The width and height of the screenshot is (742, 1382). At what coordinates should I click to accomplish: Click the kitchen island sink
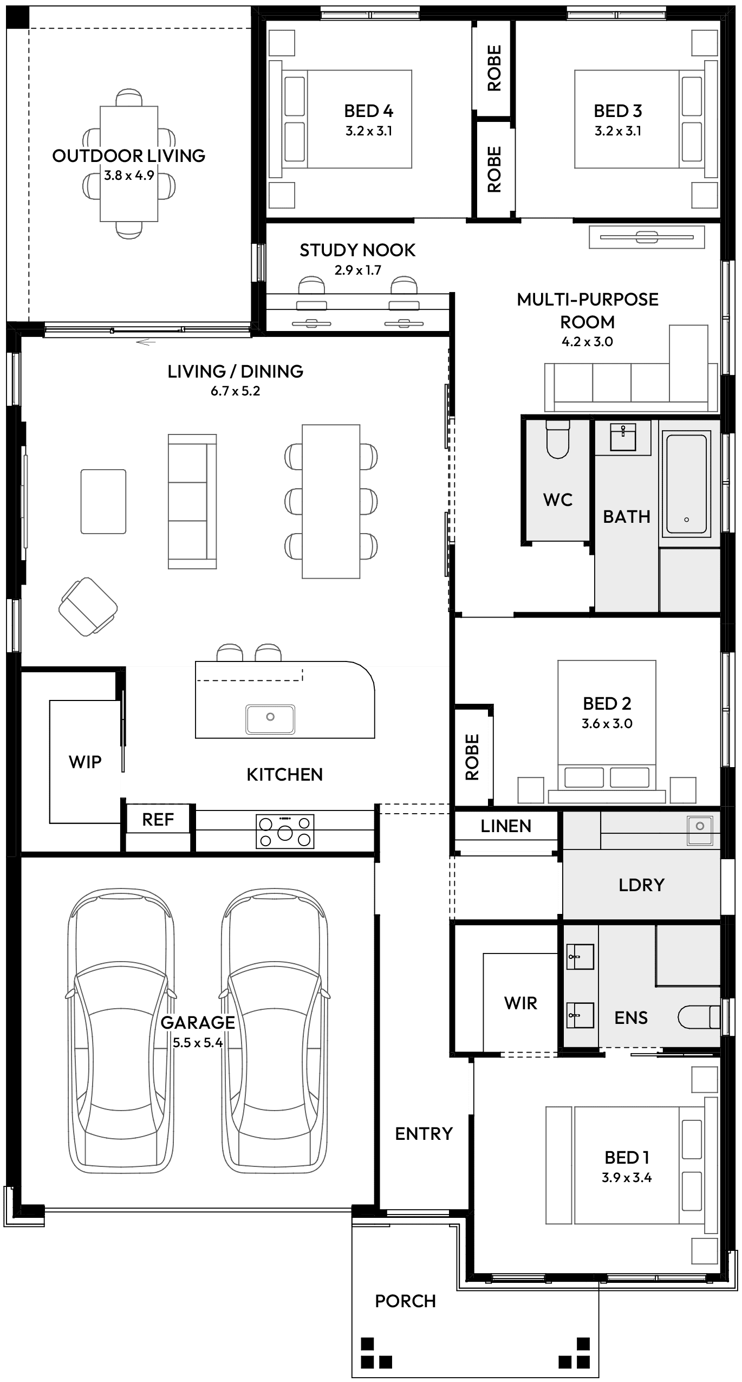coord(270,718)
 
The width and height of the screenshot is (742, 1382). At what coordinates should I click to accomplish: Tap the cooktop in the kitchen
coord(285,832)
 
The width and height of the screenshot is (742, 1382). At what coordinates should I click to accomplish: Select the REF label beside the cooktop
coord(158,820)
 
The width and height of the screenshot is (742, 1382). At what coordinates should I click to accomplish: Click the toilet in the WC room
coord(558,439)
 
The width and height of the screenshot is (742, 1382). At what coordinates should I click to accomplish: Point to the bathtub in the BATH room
coord(686,484)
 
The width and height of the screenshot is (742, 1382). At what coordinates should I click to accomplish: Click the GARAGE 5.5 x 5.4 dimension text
coord(198,1042)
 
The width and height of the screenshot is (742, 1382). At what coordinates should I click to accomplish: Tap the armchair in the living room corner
coord(88,606)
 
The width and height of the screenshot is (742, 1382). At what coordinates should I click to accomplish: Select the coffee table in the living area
coord(103,501)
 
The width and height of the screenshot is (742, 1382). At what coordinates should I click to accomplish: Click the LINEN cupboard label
coord(506,826)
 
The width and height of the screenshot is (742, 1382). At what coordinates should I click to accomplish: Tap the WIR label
coord(520,1003)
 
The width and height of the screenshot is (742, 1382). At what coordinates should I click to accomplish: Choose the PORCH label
coord(405,1301)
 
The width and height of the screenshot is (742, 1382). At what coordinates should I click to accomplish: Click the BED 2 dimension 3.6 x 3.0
coord(607,724)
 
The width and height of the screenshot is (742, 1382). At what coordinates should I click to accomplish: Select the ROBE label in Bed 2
coord(472,757)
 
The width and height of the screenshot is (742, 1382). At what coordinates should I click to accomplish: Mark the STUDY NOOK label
coord(357,250)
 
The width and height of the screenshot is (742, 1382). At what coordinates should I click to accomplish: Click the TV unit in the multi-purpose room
coord(647,237)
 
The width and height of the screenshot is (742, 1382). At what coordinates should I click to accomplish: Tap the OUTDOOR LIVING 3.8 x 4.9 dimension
coord(129,176)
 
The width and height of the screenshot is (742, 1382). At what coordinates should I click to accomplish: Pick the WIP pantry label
coord(85,762)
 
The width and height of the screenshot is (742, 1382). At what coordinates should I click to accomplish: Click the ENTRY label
coord(424,1133)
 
